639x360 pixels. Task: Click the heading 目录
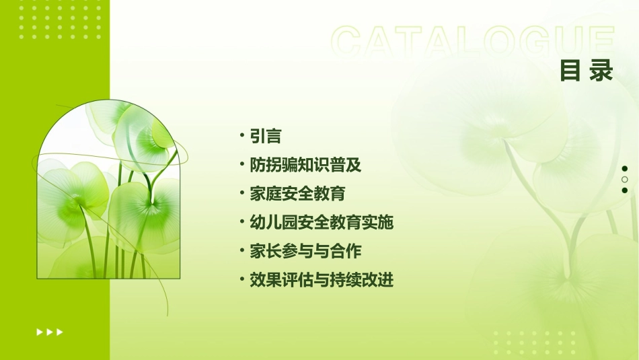pyautogui.click(x=586, y=70)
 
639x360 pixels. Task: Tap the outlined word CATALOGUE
pyautogui.click(x=473, y=42)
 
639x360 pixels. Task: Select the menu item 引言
pyautogui.click(x=265, y=136)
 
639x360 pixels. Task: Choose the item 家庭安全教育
pyautogui.click(x=297, y=194)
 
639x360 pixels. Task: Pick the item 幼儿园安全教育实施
pyautogui.click(x=321, y=222)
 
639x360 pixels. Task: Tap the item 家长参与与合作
pyautogui.click(x=305, y=251)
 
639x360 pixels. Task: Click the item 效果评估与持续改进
pyautogui.click(x=321, y=280)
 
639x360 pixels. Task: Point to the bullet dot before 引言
pyautogui.click(x=242, y=136)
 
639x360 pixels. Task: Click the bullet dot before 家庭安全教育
pyautogui.click(x=242, y=194)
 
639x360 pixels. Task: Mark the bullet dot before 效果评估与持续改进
pyautogui.click(x=242, y=280)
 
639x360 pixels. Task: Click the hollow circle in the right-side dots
pyautogui.click(x=624, y=180)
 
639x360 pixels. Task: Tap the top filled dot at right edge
pyautogui.click(x=624, y=168)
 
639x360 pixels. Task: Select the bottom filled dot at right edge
pyautogui.click(x=624, y=190)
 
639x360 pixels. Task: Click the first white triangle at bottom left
pyautogui.click(x=39, y=332)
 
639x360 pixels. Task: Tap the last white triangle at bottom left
pyautogui.click(x=60, y=332)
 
